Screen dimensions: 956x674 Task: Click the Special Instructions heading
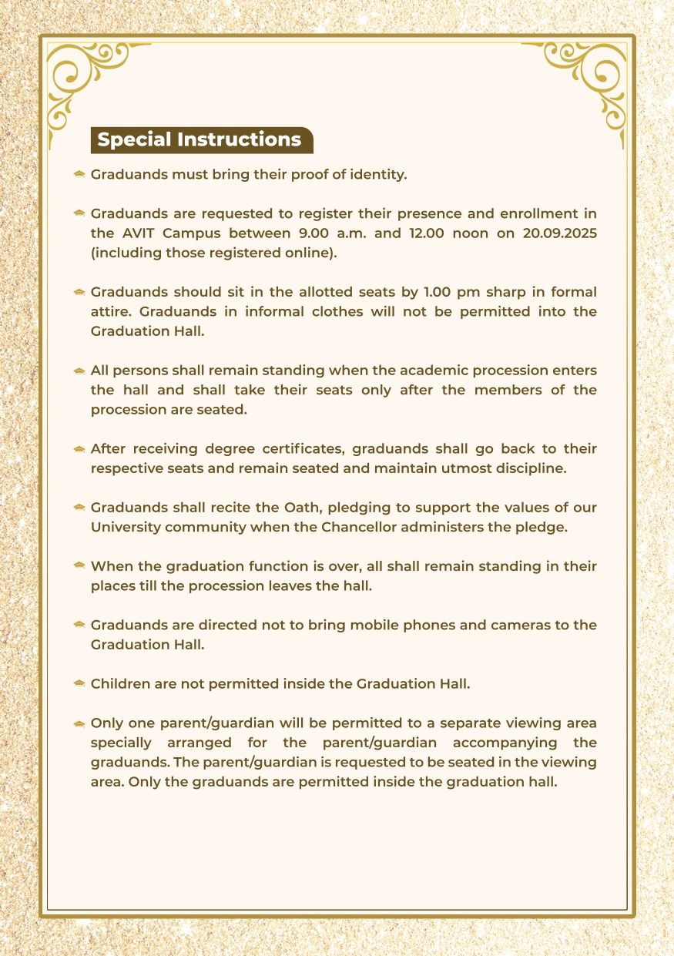(200, 139)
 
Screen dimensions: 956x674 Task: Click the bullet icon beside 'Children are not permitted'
(79, 684)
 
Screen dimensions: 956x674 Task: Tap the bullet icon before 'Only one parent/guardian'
(79, 724)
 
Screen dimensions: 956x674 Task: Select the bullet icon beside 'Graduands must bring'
(79, 175)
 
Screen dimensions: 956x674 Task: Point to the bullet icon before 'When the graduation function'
(79, 567)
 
